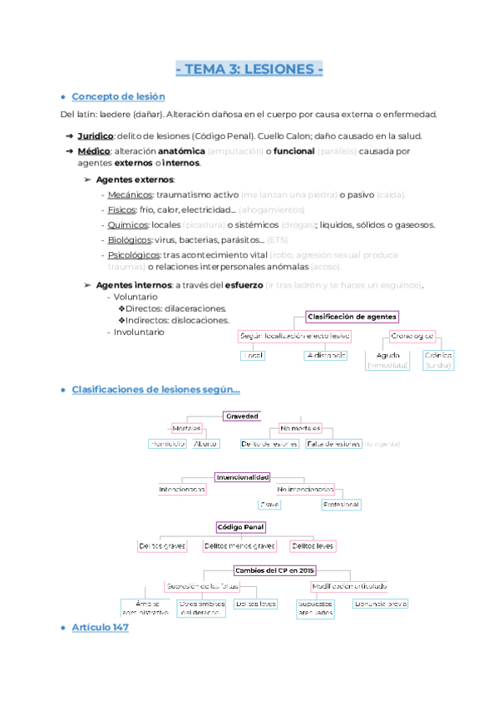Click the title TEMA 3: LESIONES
(x=250, y=69)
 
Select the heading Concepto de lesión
(x=118, y=96)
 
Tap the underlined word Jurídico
(x=96, y=136)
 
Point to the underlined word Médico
(x=94, y=151)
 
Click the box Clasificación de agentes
(x=353, y=317)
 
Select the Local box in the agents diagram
(x=253, y=355)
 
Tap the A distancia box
(x=326, y=355)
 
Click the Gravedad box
(x=242, y=416)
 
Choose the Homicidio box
(x=166, y=444)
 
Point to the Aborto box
(x=205, y=444)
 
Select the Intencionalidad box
(x=242, y=477)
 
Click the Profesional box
(x=341, y=505)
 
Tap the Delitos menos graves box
(x=239, y=546)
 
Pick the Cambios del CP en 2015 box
(x=275, y=570)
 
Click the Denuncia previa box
(x=380, y=604)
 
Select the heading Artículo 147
(x=100, y=627)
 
